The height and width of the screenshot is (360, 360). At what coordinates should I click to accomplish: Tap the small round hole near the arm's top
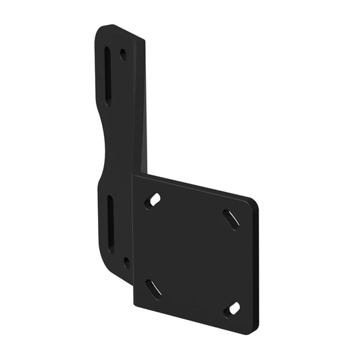click(123, 54)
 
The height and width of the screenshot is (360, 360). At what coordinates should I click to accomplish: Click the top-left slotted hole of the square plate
click(154, 201)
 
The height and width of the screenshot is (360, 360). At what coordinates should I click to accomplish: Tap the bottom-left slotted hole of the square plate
click(154, 288)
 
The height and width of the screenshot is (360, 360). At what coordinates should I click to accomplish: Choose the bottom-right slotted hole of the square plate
click(232, 309)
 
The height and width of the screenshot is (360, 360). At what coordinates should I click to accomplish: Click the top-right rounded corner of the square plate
click(252, 203)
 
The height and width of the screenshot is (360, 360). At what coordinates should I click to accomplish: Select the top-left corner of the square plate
click(134, 177)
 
